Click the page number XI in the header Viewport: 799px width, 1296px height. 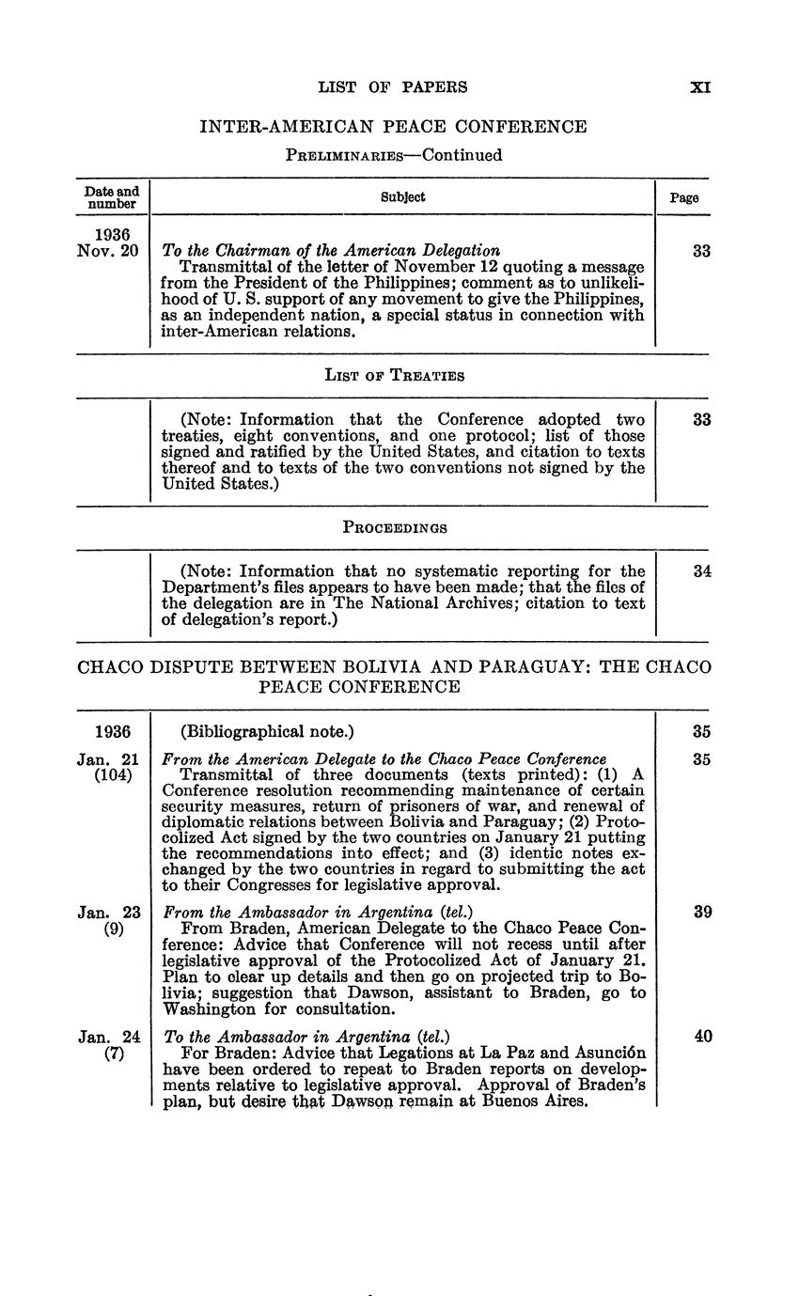pyautogui.click(x=699, y=87)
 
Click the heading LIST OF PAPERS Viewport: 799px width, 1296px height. pyautogui.click(x=393, y=87)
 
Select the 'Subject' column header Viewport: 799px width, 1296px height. pyautogui.click(x=402, y=197)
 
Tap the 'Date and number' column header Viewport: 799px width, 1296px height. pyautogui.click(x=112, y=197)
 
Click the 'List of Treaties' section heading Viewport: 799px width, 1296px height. pyautogui.click(x=394, y=376)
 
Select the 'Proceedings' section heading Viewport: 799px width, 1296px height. pyautogui.click(x=394, y=527)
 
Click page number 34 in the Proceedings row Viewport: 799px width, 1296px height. pyautogui.click(x=701, y=571)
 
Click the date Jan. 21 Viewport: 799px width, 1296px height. pyautogui.click(x=109, y=759)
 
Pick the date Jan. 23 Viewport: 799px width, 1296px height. pyautogui.click(x=109, y=912)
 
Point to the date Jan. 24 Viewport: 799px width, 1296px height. pyautogui.click(x=109, y=1037)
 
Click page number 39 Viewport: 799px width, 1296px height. pyautogui.click(x=701, y=912)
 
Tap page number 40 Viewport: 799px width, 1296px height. pyautogui.click(x=701, y=1037)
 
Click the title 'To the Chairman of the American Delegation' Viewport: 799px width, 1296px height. pyautogui.click(x=331, y=250)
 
